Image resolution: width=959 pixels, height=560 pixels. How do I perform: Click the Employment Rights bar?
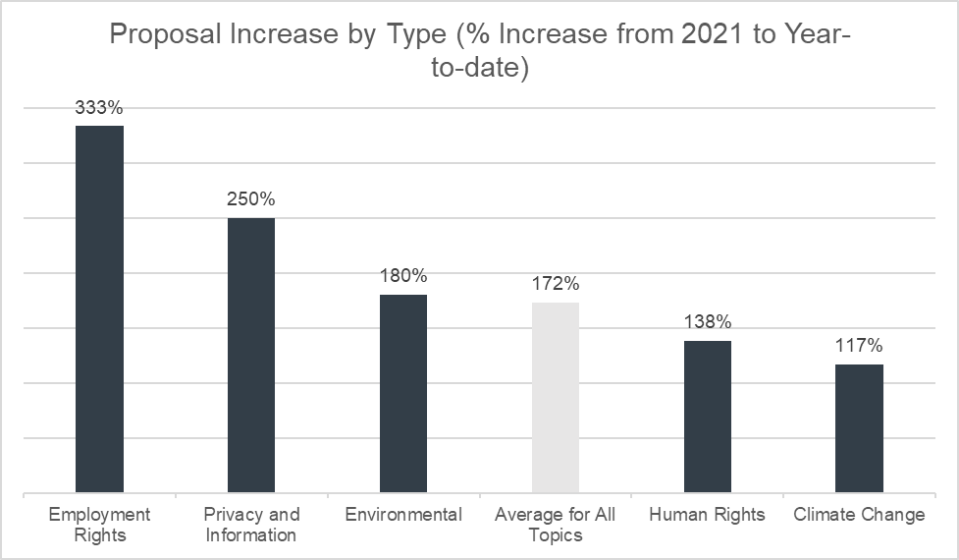(99, 308)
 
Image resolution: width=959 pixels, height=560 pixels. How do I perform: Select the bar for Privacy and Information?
(251, 355)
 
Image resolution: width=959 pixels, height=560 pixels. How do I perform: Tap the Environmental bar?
(403, 393)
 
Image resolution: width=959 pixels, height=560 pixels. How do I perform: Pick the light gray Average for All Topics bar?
(556, 397)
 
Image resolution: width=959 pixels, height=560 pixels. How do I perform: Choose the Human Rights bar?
(708, 417)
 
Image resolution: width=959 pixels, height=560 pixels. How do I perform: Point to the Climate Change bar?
(859, 428)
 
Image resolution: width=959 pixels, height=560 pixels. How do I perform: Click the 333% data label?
(99, 106)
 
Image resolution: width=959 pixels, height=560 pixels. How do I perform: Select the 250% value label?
(251, 198)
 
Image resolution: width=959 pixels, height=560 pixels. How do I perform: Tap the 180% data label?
(403, 276)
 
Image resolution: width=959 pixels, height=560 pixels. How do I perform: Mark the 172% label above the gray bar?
(556, 284)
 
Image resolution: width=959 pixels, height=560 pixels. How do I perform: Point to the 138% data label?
(708, 322)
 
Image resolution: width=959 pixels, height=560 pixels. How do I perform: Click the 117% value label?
(859, 346)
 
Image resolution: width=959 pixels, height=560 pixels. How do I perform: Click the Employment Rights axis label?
(99, 525)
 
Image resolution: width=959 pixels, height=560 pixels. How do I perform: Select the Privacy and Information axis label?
(251, 525)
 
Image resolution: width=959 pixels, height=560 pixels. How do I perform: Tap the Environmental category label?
(403, 515)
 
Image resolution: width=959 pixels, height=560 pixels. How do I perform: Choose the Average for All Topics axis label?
(556, 525)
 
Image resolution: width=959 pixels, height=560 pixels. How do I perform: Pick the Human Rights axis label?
(708, 515)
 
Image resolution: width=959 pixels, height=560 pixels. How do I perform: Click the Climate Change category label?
(859, 515)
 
